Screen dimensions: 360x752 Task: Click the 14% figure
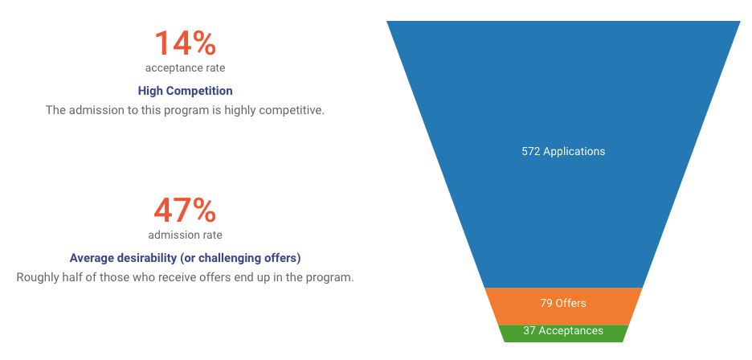click(x=185, y=43)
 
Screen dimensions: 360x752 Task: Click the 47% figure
click(x=185, y=211)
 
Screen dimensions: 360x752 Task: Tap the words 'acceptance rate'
click(x=185, y=67)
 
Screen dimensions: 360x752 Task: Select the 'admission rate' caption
click(x=185, y=235)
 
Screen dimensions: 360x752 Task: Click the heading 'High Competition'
click(x=185, y=91)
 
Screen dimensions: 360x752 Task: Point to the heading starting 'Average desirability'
click(x=185, y=258)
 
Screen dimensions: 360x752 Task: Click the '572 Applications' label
click(x=563, y=151)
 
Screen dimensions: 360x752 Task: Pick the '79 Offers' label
click(x=563, y=304)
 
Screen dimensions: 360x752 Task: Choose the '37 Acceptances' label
click(x=563, y=331)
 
